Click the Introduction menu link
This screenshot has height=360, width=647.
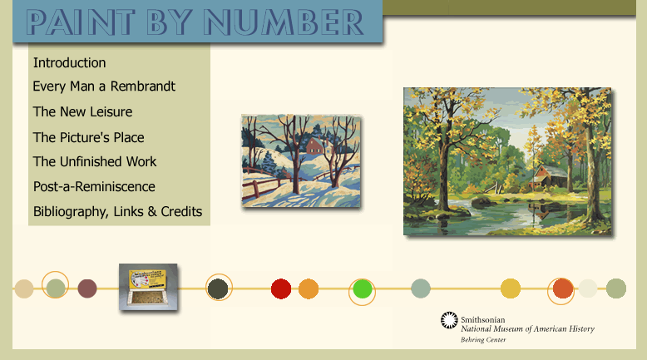(69, 62)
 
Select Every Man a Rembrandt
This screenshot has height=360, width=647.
(104, 86)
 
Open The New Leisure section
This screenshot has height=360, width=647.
(82, 111)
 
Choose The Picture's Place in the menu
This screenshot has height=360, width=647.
(89, 137)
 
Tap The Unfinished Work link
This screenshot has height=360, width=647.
(95, 161)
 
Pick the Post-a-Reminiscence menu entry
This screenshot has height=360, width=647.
(94, 186)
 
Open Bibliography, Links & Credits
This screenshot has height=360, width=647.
(117, 211)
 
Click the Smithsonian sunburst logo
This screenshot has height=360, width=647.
(449, 320)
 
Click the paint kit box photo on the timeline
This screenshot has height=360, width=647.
(148, 287)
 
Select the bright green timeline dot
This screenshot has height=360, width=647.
(363, 289)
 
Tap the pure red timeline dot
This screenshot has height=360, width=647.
(281, 288)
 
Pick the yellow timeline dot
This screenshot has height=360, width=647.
(511, 288)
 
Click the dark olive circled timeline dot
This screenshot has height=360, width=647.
(218, 288)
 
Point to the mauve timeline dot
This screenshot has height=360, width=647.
(87, 288)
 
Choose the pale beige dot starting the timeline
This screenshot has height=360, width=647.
(24, 288)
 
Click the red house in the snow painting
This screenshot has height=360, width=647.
(314, 145)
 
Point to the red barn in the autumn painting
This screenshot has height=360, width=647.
(548, 176)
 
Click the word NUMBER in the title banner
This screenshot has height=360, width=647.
(283, 22)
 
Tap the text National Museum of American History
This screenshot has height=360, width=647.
(527, 329)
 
